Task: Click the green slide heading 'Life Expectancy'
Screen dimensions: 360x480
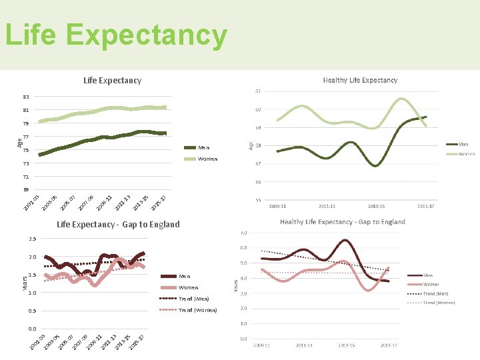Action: [x=116, y=36]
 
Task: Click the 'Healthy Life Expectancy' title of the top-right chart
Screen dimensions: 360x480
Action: [x=360, y=80]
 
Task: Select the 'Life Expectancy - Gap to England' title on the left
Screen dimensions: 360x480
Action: [x=118, y=224]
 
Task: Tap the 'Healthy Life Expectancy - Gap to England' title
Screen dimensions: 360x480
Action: [x=342, y=221]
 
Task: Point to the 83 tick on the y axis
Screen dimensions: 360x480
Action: [x=25, y=97]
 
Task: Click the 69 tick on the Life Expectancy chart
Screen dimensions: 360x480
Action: [x=25, y=190]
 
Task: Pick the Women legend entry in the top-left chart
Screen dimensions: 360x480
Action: [x=207, y=159]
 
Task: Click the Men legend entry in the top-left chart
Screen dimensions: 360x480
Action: [x=203, y=147]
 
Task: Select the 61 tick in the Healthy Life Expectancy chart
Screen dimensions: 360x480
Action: [x=257, y=91]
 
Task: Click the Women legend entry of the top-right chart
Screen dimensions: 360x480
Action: [x=465, y=153]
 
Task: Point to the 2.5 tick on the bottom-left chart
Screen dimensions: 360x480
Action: [x=32, y=239]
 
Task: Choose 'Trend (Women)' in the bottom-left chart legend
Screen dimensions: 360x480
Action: [x=197, y=310]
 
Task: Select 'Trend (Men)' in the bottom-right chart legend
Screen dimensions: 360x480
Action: [x=437, y=293]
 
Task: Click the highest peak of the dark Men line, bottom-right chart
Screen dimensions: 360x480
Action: [x=345, y=240]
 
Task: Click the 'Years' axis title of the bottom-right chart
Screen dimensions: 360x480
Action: [x=235, y=285]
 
